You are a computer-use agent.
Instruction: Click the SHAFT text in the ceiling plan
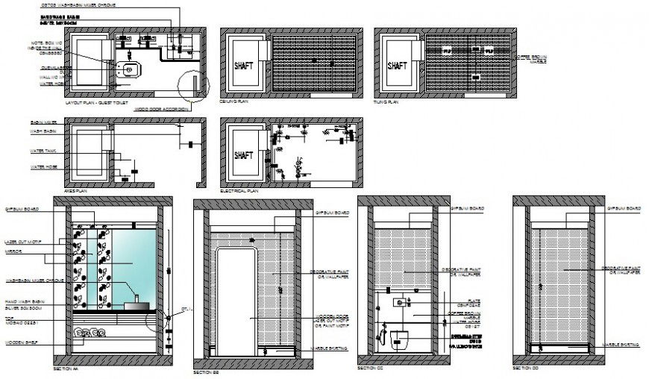244,65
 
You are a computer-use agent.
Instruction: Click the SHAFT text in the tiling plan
398,65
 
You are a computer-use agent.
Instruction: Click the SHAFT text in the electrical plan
244,155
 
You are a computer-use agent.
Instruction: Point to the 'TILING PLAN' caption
386,101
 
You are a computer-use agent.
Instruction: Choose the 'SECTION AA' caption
66,369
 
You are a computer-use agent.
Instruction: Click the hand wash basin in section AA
137,304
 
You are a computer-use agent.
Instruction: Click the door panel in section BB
237,298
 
